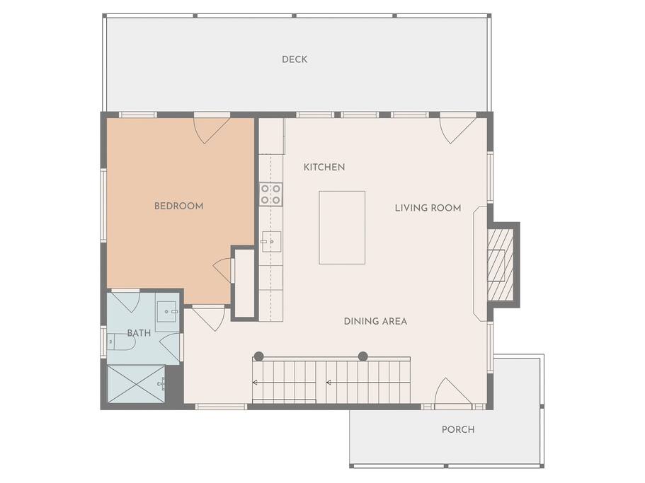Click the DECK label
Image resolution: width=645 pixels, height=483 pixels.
pos(295,59)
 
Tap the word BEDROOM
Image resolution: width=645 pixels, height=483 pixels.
pos(179,206)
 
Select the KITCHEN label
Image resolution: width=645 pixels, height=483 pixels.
pos(324,167)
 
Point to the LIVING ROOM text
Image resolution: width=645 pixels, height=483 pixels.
pos(428,208)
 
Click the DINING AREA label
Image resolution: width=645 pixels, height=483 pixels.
pos(375,321)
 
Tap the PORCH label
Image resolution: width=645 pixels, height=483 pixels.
pos(458,429)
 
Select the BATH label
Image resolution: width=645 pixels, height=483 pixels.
pos(139,333)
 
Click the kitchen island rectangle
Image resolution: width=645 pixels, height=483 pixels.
pos(342,228)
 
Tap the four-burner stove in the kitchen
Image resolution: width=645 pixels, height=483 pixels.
pos(271,194)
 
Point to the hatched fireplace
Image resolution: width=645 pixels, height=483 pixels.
pos(501,264)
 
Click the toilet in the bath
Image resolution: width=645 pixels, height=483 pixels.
pos(122,342)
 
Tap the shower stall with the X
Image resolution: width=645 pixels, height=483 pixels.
pos(136,384)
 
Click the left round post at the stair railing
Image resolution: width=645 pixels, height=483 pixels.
pos(258,356)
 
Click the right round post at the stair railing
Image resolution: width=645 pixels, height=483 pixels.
pos(363,356)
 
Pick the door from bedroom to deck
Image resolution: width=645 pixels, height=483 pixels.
pos(212,129)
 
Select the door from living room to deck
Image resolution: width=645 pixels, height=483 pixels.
pos(457,129)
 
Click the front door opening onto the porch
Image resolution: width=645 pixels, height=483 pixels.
pos(452,392)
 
